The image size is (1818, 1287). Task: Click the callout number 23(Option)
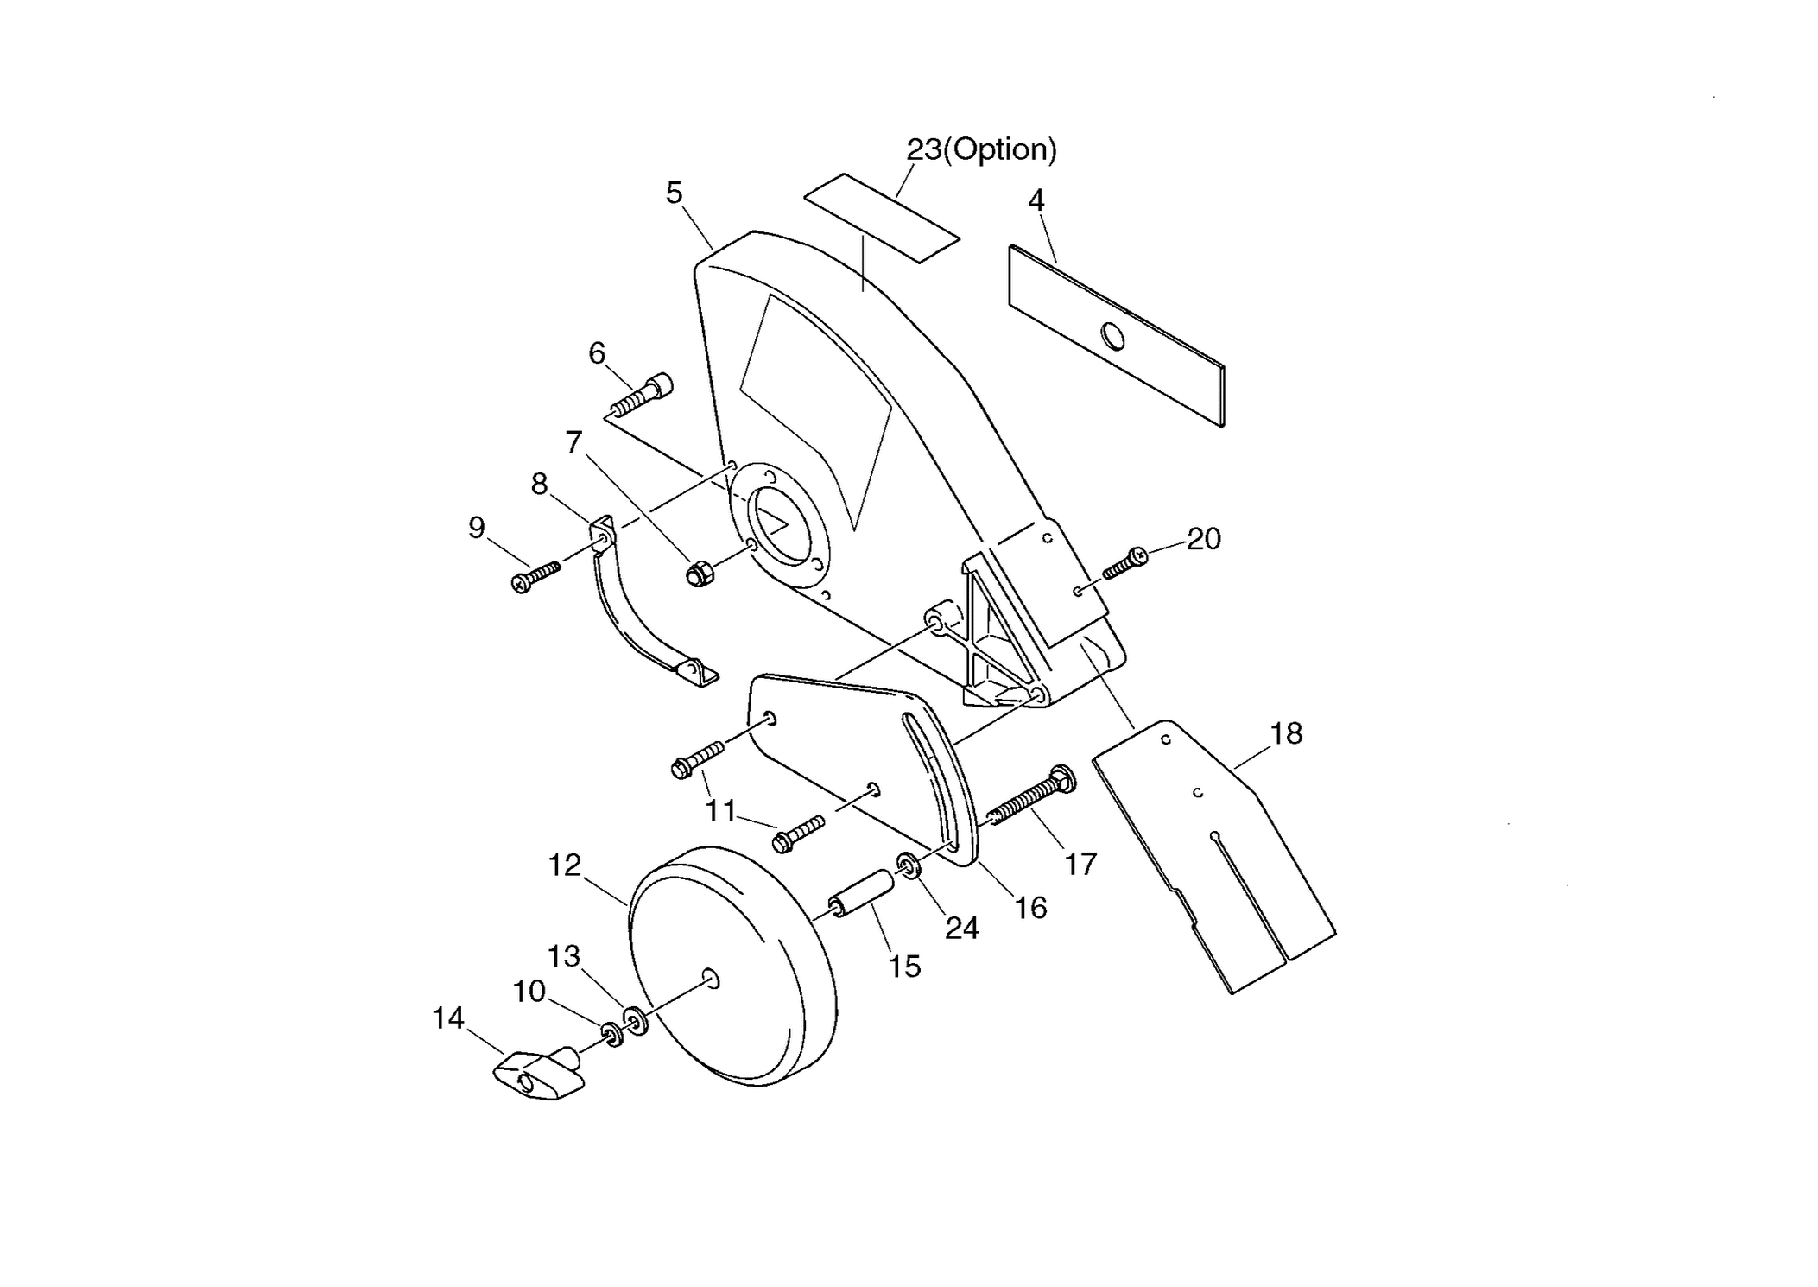[981, 149]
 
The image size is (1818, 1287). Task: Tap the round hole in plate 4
[1113, 336]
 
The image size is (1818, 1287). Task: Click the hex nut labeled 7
[699, 573]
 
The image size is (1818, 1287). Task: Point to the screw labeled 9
[535, 576]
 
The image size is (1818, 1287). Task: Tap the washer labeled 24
[908, 865]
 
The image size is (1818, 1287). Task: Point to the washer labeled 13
[636, 1020]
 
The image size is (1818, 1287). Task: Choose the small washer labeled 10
[612, 1033]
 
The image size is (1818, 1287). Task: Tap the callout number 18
[1286, 733]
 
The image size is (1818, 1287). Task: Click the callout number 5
[674, 193]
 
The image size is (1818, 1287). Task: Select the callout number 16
[1030, 908]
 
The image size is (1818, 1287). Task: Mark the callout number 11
[721, 810]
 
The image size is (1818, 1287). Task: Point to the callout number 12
[565, 865]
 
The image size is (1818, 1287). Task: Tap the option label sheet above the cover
[882, 218]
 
